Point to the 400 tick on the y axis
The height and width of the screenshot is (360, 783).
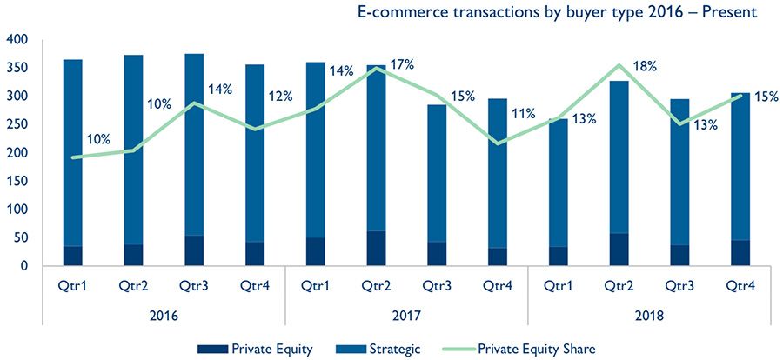tap(17, 40)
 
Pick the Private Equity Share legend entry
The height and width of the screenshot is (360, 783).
tap(536, 349)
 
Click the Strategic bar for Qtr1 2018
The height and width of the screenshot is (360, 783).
tap(558, 183)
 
